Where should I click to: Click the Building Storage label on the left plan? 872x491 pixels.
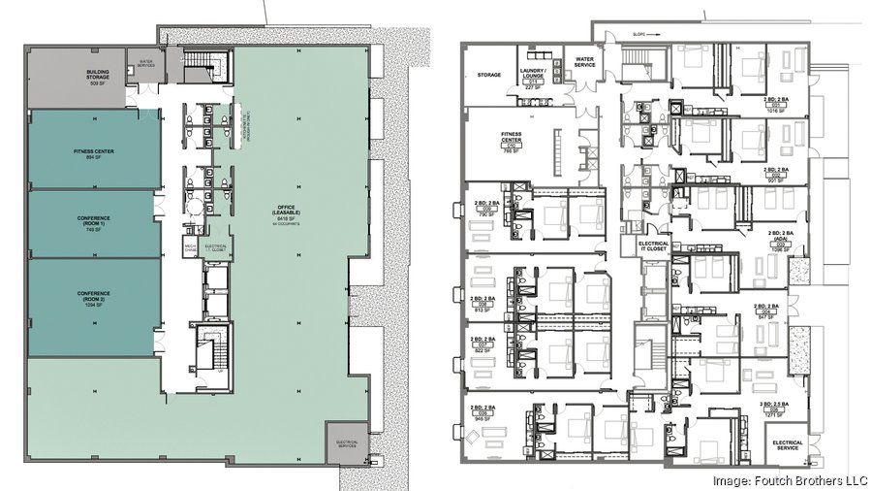pyautogui.click(x=97, y=77)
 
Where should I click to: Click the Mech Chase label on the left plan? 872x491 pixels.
pyautogui.click(x=192, y=247)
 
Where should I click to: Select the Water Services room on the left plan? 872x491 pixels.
pyautogui.click(x=146, y=66)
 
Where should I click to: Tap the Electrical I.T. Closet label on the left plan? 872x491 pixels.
pyautogui.click(x=216, y=247)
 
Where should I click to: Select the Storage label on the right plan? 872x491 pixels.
pyautogui.click(x=488, y=73)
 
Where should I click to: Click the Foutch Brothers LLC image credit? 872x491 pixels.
pyautogui.click(x=789, y=478)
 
